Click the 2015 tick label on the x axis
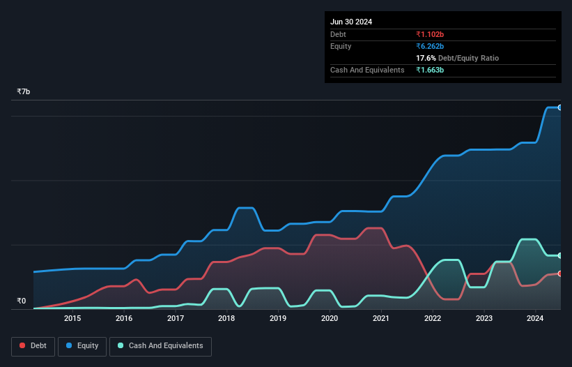tap(72, 319)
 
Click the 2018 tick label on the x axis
tap(226, 319)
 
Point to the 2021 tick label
tap(381, 319)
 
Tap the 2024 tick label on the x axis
tap(535, 319)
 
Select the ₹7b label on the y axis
tap(24, 92)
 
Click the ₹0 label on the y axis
tap(21, 301)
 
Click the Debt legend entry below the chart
tap(33, 345)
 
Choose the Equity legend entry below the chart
tap(82, 345)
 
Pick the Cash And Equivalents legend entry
tap(160, 345)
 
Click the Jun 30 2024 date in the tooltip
tap(351, 22)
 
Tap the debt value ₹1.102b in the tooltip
tap(431, 34)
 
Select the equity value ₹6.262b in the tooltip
tap(431, 46)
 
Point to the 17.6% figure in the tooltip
tap(426, 58)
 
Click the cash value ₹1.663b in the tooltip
tap(431, 70)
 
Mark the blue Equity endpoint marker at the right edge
tap(560, 107)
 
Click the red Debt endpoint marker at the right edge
tap(560, 274)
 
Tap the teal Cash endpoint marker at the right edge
tap(560, 255)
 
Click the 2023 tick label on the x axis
tap(484, 319)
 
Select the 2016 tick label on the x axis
tap(124, 319)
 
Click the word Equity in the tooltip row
tap(341, 46)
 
